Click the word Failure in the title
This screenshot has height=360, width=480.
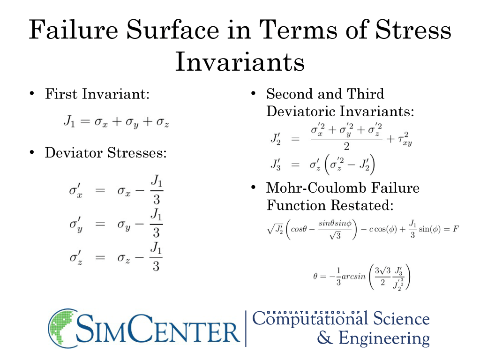(74, 30)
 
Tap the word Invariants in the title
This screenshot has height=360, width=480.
(240, 62)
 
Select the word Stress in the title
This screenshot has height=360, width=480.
(413, 30)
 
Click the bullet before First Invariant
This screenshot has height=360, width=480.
(32, 93)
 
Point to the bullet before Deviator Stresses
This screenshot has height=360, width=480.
(32, 152)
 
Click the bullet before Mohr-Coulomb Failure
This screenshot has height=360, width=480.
(253, 187)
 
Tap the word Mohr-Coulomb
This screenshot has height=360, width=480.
(315, 187)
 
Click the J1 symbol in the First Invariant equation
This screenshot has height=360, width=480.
(69, 121)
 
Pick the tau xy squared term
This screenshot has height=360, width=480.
(405, 139)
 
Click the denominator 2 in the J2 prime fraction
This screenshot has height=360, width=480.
(346, 147)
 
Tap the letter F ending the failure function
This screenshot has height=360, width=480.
(456, 229)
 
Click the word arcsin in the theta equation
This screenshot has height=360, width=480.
(353, 277)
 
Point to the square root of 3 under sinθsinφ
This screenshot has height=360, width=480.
(335, 235)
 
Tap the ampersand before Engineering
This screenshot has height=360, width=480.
(324, 337)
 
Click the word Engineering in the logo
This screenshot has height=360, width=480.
(384, 338)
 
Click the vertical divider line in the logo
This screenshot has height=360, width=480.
(246, 329)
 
